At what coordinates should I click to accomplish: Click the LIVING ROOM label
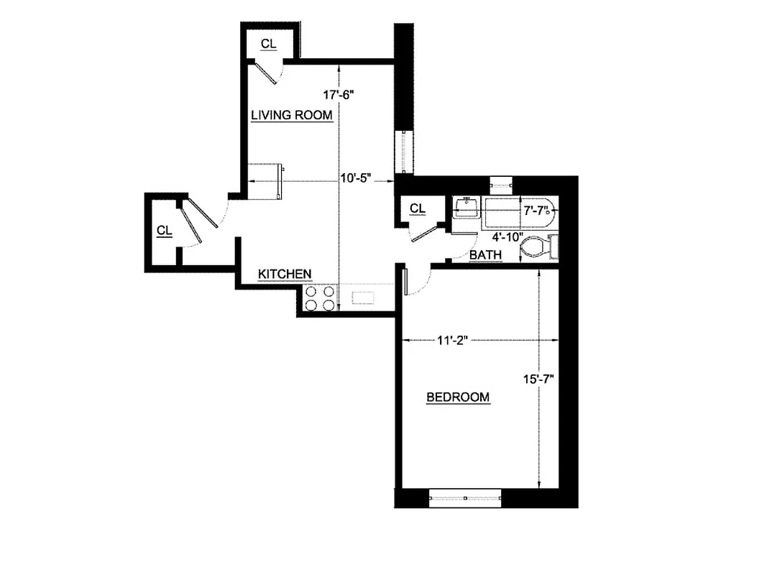[291, 115]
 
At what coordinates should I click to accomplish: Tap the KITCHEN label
[285, 274]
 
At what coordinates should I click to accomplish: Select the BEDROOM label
[458, 397]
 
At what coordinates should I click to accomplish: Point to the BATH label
[486, 255]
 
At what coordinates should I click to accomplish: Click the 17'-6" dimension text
[340, 94]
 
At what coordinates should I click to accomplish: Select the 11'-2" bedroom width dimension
[452, 341]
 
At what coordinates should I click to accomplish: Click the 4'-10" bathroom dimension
[505, 236]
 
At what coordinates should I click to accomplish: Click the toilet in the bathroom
[538, 248]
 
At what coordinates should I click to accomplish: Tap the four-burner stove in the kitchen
[319, 298]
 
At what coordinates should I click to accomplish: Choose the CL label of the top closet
[268, 45]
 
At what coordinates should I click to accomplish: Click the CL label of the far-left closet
[165, 231]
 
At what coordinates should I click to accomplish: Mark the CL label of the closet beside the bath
[418, 208]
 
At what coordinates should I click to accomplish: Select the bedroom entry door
[406, 281]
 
